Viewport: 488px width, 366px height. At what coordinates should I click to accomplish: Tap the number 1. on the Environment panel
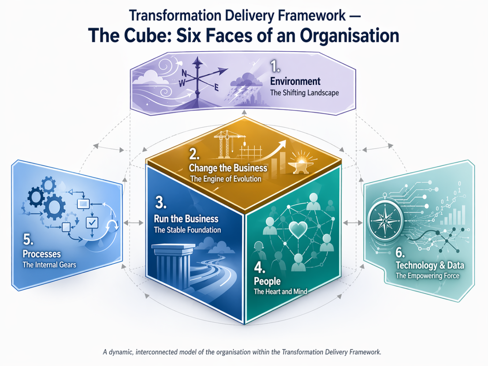pyautogui.click(x=275, y=67)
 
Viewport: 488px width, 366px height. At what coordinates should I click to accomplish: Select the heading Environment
pyautogui.click(x=295, y=81)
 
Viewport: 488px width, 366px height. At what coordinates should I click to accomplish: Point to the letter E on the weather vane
pyautogui.click(x=216, y=88)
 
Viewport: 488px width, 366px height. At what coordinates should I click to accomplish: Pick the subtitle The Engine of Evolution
pyautogui.click(x=226, y=179)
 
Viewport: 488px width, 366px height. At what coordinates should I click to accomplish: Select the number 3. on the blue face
pyautogui.click(x=160, y=202)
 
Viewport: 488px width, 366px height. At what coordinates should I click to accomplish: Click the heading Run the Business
pyautogui.click(x=186, y=219)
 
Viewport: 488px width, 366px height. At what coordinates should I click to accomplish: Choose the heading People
pyautogui.click(x=267, y=281)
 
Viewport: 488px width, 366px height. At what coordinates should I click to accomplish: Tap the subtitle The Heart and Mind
pyautogui.click(x=280, y=291)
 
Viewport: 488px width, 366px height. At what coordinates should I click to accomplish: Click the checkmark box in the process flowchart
pyautogui.click(x=92, y=223)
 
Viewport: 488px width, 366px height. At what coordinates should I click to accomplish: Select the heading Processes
pyautogui.click(x=42, y=254)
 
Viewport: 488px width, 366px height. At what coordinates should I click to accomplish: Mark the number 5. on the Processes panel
pyautogui.click(x=28, y=240)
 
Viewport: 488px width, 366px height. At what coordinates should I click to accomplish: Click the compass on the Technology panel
pyautogui.click(x=385, y=220)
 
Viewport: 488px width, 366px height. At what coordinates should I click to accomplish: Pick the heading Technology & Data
pyautogui.click(x=430, y=265)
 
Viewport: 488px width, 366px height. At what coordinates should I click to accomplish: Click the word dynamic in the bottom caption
pyautogui.click(x=120, y=352)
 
